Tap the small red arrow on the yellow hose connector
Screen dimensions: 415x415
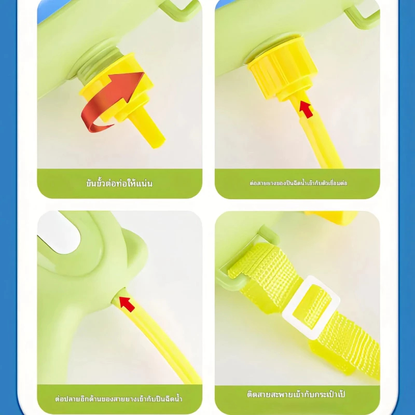tap(306, 109)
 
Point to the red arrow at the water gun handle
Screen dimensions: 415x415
tap(127, 304)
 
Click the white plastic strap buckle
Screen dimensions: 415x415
tap(311, 308)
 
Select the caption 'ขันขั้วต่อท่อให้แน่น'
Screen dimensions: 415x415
tap(119, 184)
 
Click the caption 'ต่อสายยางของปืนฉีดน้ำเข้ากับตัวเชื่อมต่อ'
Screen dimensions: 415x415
tap(298, 183)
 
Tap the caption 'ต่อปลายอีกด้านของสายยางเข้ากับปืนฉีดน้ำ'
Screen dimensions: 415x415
tap(119, 398)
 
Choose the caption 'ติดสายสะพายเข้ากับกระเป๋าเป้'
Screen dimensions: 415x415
tap(296, 394)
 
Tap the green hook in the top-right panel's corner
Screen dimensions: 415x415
tap(363, 13)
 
